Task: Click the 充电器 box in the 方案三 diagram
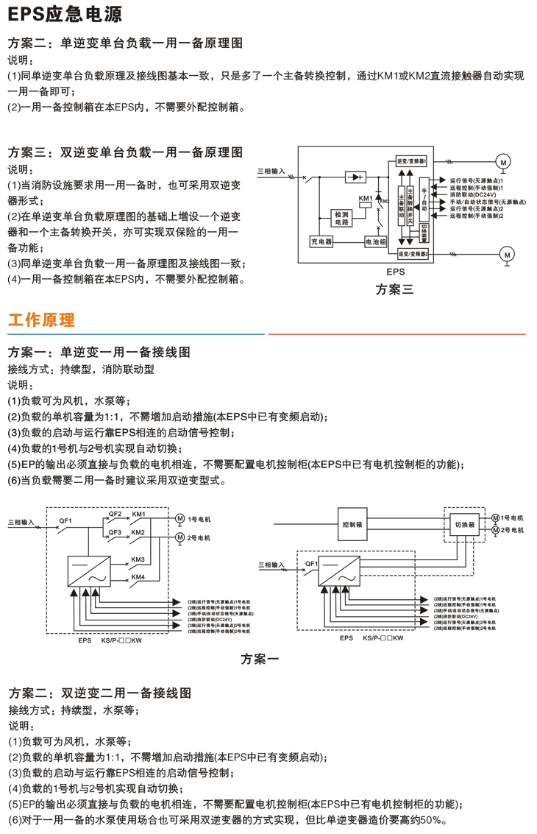[321, 241]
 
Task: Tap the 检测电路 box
[342, 217]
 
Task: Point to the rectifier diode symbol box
[357, 177]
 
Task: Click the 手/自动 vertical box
[424, 199]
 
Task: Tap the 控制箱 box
[354, 525]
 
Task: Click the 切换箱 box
[463, 524]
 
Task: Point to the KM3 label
[138, 559]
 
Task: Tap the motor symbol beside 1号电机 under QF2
[179, 520]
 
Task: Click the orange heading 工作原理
[41, 320]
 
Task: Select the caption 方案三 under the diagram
[394, 289]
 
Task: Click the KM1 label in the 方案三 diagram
[366, 198]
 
